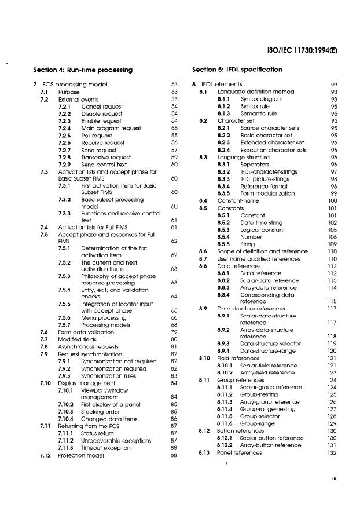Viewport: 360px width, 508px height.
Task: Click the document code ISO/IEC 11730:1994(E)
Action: coord(301,50)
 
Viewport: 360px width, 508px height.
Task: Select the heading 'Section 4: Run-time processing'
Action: coord(83,70)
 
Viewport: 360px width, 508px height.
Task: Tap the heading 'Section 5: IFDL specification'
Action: coord(237,70)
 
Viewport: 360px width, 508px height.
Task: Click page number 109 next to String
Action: coord(334,244)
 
